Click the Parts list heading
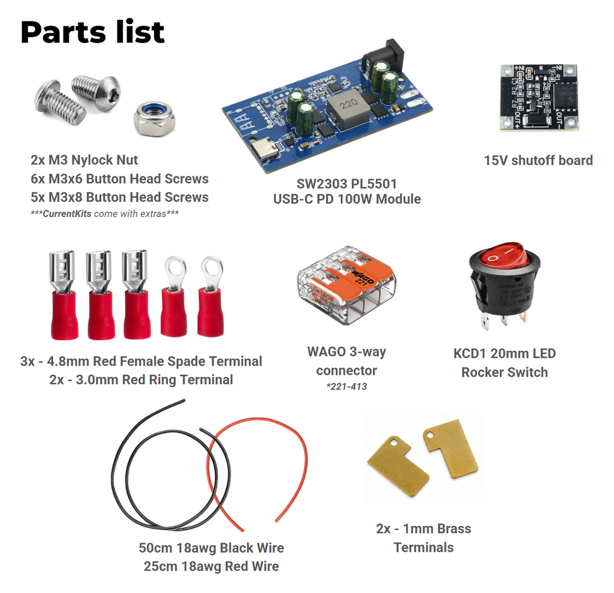(x=92, y=32)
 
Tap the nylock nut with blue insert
(x=154, y=119)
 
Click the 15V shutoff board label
(x=538, y=160)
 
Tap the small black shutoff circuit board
(x=538, y=98)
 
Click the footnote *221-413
(x=347, y=387)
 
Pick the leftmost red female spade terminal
(x=63, y=294)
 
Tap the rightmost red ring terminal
(x=211, y=296)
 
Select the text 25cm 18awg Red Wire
(x=212, y=566)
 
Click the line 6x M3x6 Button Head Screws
(x=119, y=179)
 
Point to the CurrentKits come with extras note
(x=105, y=213)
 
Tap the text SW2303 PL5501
(x=347, y=183)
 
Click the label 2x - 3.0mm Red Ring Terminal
(x=141, y=380)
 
